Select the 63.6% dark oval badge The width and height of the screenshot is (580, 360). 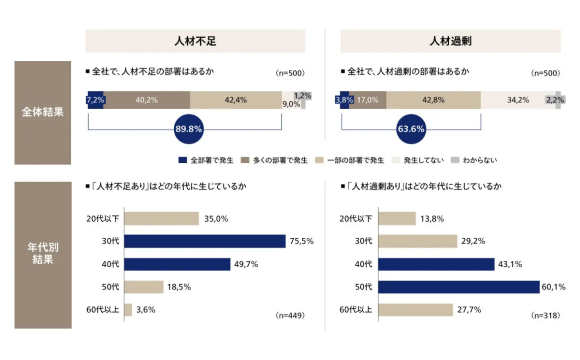coord(411,129)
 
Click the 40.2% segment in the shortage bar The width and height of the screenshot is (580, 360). coord(147,100)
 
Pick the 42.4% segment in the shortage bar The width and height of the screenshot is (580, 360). coord(236,100)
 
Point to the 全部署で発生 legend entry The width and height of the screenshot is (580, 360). coord(207,160)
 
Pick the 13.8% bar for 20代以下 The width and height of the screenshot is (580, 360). coord(398,218)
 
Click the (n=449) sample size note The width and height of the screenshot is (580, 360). coord(290,315)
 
